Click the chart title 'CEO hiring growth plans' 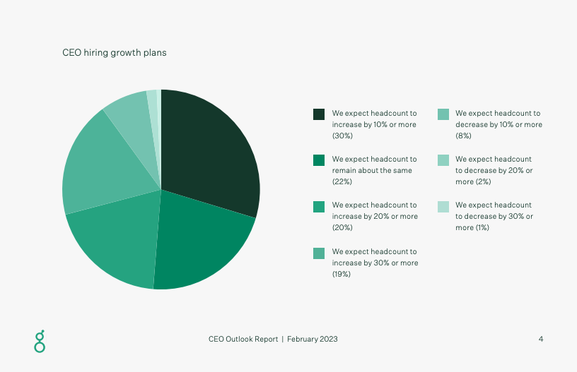pyautogui.click(x=115, y=53)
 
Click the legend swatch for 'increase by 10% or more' pyautogui.click(x=319, y=114)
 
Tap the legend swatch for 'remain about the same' pyautogui.click(x=319, y=160)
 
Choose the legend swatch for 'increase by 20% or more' pyautogui.click(x=319, y=206)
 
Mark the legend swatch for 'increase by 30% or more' pyautogui.click(x=319, y=253)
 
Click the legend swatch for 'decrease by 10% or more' pyautogui.click(x=443, y=114)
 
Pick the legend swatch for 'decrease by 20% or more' pyautogui.click(x=443, y=160)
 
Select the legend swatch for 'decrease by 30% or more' pyautogui.click(x=443, y=206)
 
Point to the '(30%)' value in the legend pyautogui.click(x=342, y=136)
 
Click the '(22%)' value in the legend pyautogui.click(x=342, y=181)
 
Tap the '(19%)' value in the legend pyautogui.click(x=342, y=274)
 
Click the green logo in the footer pyautogui.click(x=40, y=340)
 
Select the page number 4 pyautogui.click(x=541, y=339)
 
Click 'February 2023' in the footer pyautogui.click(x=313, y=339)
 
